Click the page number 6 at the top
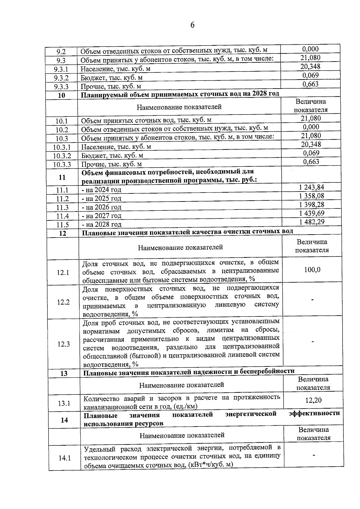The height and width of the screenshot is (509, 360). coord(192,25)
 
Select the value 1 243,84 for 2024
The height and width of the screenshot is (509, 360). coord(312,187)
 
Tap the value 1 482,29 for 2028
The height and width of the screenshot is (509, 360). coord(312,222)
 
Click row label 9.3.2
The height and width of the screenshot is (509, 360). coord(61,78)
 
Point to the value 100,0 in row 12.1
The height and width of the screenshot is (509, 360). coord(312,270)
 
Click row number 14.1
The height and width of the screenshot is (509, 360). coord(64,458)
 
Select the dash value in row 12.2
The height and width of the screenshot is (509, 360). coord(313,300)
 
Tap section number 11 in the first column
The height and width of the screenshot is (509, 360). coord(62,177)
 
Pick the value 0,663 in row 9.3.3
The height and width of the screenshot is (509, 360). coord(310,84)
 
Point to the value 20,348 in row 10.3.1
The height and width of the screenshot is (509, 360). coord(311,145)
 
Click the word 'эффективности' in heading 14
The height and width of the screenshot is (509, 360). coord(314,413)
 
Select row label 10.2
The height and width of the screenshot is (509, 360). coord(61,130)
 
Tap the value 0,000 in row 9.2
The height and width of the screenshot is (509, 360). coord(310,49)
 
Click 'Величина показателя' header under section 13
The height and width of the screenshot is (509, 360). coord(313,384)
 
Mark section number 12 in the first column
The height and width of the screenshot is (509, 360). coord(63,233)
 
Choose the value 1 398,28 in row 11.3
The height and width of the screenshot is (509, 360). coord(312,205)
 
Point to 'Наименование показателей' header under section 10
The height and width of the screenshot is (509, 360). coord(179,107)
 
